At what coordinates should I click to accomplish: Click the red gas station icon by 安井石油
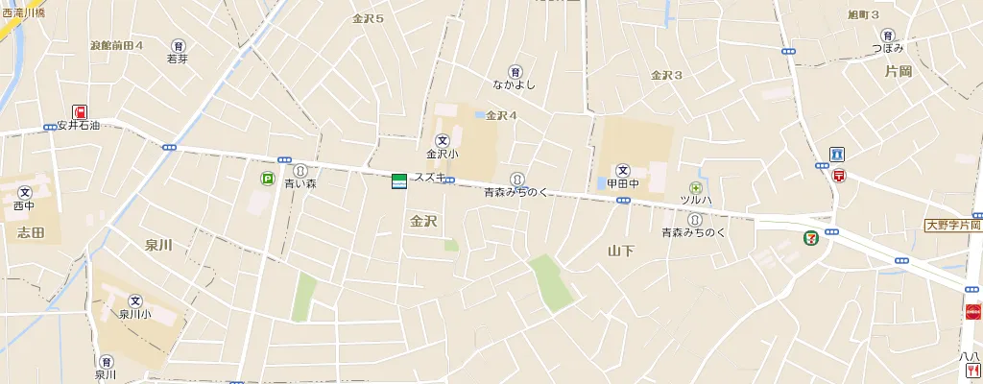point(80,112)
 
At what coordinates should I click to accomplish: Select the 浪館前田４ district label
point(116,45)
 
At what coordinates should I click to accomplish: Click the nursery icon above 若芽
point(178,45)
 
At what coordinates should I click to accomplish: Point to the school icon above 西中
point(24,192)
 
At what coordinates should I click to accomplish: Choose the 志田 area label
point(31,231)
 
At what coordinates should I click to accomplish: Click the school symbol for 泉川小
point(135,300)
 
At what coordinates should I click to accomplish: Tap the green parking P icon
point(266,178)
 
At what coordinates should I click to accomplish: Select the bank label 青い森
point(300,183)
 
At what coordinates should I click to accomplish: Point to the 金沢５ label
point(368,18)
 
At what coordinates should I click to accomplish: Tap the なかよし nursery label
point(515,84)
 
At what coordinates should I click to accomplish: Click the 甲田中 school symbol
point(622,170)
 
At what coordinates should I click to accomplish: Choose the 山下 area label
point(621,252)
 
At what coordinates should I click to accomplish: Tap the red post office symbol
point(839,177)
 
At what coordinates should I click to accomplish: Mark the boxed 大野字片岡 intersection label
point(952,226)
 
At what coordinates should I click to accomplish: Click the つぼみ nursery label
point(888,48)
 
